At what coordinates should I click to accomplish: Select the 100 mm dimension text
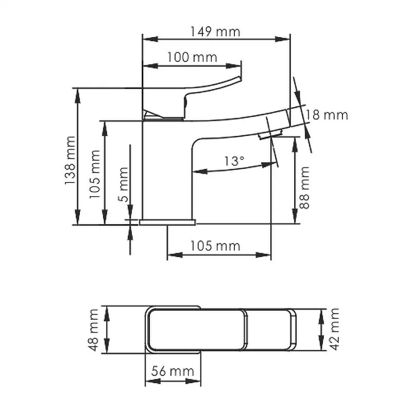point(192,57)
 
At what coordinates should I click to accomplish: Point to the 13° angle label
point(234,161)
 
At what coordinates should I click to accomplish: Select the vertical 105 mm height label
point(95,174)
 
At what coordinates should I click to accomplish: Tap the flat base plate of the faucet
point(168,222)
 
